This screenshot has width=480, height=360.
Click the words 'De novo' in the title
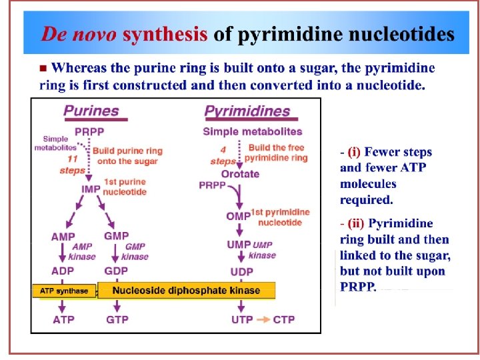pos(79,34)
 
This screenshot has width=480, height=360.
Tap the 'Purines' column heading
pos(91,111)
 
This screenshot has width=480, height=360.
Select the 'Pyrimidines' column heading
pos(247,111)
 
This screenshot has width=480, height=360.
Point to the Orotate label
pos(240,175)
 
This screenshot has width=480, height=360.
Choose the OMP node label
pos(238,215)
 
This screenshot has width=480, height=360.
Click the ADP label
pos(63,271)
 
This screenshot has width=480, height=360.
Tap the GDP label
pos(116,271)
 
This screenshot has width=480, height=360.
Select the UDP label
pos(241,272)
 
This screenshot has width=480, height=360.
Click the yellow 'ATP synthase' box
pos(64,291)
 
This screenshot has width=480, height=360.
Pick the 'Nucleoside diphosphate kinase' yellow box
pos(187,290)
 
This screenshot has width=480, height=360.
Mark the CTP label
pos(283,320)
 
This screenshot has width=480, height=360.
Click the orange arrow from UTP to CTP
pos(263,320)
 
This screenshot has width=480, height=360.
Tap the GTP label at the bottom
pos(117,320)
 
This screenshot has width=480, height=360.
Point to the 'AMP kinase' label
pos(83,251)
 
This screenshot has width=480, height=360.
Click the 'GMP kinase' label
pos(136,251)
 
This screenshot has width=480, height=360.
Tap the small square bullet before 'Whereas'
pos(43,68)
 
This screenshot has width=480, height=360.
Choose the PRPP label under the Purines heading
pos(89,130)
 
